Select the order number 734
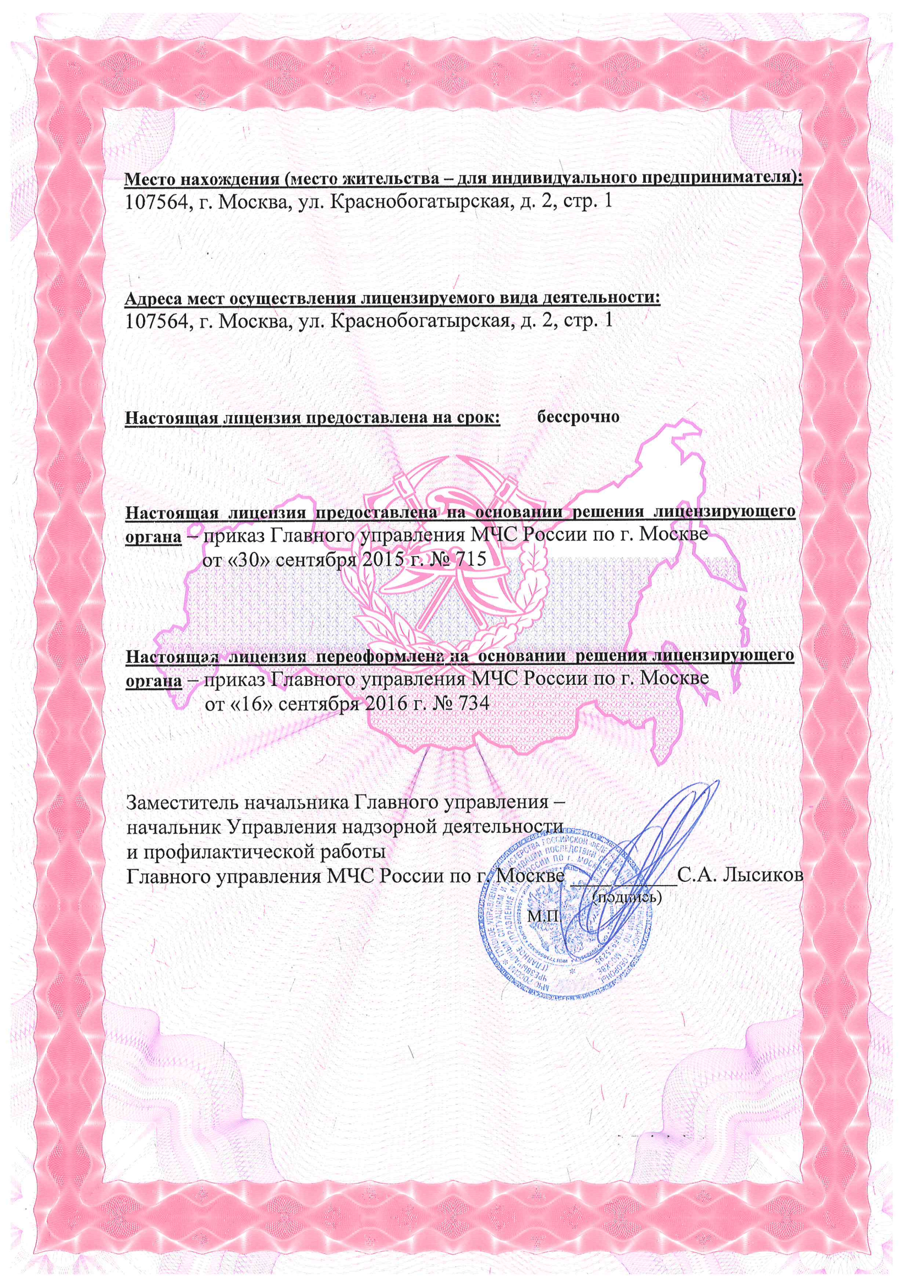click(x=474, y=703)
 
